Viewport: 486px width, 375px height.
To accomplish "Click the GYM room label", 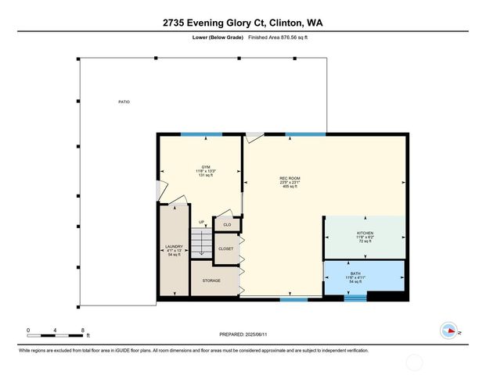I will tap(205, 167).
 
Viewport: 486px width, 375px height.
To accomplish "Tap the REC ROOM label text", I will tap(290, 179).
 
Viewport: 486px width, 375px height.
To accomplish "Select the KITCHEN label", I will tap(365, 233).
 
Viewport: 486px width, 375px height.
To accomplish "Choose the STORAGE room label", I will tap(211, 280).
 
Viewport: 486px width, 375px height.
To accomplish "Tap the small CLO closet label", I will tap(227, 224).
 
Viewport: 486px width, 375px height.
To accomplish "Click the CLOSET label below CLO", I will tap(226, 249).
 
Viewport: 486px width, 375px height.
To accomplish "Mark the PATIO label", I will tap(124, 102).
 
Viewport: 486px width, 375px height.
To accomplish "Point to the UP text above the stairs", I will tap(201, 223).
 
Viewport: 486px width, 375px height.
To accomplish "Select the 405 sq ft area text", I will tap(290, 188).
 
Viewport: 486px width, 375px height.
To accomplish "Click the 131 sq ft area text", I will tap(205, 177).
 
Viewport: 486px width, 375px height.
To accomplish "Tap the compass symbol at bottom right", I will tap(450, 330).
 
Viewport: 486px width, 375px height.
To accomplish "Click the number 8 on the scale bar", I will tap(82, 330).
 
